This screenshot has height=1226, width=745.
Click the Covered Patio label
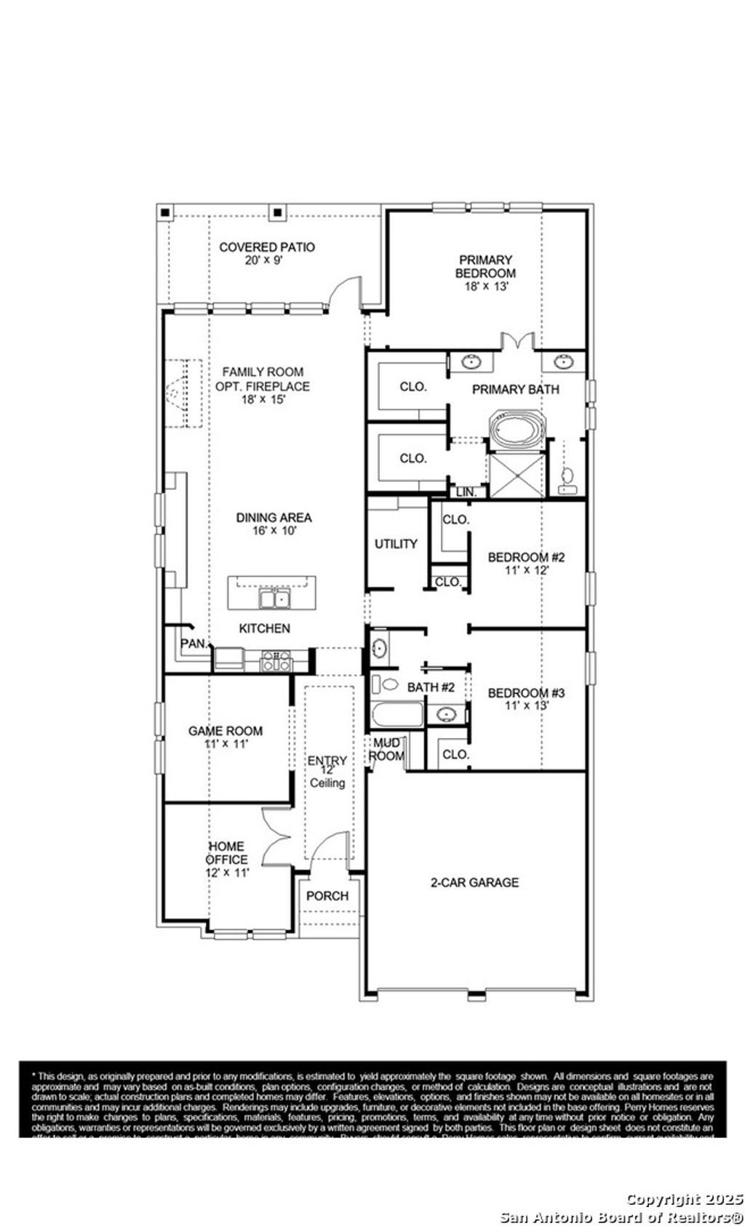[x=267, y=247]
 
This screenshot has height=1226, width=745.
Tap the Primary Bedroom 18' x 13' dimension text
[x=485, y=287]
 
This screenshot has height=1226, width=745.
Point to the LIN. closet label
[x=466, y=492]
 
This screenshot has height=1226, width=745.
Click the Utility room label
[x=396, y=544]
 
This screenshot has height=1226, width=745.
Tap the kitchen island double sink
[x=275, y=599]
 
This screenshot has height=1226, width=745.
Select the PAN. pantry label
[x=193, y=644]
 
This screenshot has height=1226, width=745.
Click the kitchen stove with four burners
[x=276, y=660]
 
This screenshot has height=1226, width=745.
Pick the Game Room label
[x=225, y=731]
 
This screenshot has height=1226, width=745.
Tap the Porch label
[x=327, y=896]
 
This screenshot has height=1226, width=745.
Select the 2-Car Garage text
[x=474, y=882]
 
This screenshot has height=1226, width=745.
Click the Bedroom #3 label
[x=526, y=692]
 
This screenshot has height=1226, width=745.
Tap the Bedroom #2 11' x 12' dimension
[x=526, y=571]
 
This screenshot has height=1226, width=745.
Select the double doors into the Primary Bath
[x=518, y=342]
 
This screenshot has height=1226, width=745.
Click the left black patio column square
[x=166, y=212]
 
